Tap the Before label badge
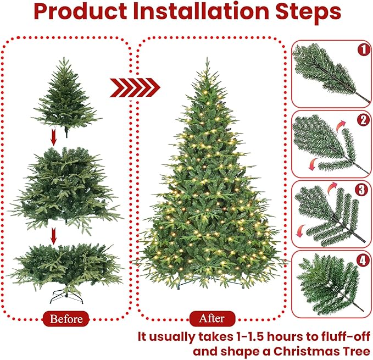click(66, 318)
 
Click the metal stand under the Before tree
click(66, 297)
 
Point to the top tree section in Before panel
click(65, 96)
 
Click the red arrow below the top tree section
click(53, 139)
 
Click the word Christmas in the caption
click(298, 350)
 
